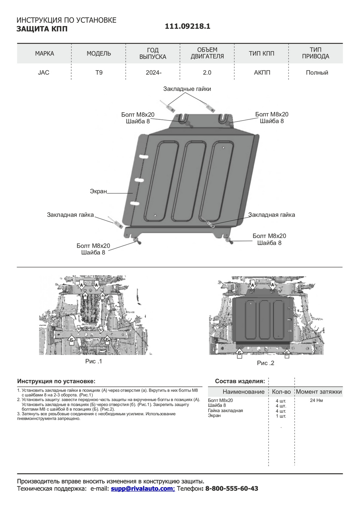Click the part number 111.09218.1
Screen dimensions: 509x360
coord(187,26)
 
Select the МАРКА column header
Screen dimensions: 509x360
coord(44,53)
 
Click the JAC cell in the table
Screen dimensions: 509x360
coord(43,73)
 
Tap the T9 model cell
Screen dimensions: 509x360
coord(99,73)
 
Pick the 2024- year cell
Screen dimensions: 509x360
coord(153,73)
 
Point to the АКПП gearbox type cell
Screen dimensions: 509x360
coord(262,73)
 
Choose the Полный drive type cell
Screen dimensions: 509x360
coord(317,73)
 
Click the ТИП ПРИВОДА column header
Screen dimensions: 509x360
coord(316,53)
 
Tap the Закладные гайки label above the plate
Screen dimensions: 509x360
coord(187,89)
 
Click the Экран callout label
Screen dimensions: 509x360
coord(98,191)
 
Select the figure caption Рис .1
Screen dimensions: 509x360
coord(93,361)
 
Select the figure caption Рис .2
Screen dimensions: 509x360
coord(265,363)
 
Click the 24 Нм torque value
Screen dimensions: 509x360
coord(316,400)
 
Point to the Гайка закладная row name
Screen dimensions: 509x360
coord(225,411)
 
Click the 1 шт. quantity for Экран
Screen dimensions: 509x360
coord(281,416)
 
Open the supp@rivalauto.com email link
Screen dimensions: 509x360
coord(142,489)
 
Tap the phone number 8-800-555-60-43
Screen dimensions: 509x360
coord(232,489)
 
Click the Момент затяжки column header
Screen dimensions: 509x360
coord(319,392)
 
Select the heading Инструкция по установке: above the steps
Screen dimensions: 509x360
coord(56,381)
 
